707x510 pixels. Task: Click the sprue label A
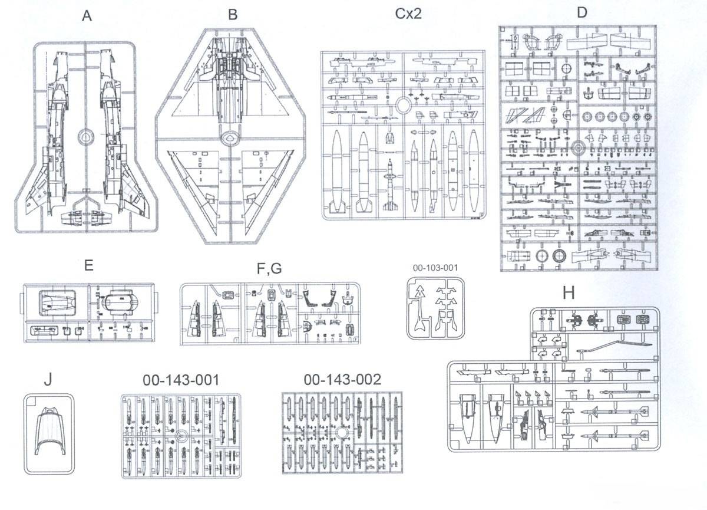pos(87,16)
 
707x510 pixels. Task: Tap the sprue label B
pos(233,15)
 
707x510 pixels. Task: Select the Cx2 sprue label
pos(408,14)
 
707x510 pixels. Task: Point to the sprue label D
pos(582,12)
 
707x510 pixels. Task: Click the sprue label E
pos(89,265)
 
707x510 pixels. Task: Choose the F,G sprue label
pos(269,269)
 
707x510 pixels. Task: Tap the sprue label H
pos(569,294)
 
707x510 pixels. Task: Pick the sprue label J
pos(48,380)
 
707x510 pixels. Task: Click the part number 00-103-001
pos(435,268)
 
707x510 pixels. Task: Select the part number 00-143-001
pos(181,380)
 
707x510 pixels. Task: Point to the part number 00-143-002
pos(342,380)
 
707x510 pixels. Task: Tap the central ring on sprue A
pos(86,137)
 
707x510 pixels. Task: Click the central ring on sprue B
pos(230,138)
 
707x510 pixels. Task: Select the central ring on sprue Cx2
pos(404,105)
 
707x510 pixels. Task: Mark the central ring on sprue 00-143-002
pos(341,433)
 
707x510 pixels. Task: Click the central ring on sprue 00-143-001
pos(181,436)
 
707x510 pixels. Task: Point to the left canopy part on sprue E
pos(57,304)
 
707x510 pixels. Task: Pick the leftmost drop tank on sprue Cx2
pos(336,170)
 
